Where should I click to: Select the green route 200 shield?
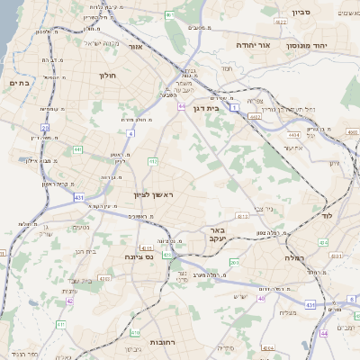[x=233, y=263]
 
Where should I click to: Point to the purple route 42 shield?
[x=70, y=301]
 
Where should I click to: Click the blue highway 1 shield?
[x=235, y=107]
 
